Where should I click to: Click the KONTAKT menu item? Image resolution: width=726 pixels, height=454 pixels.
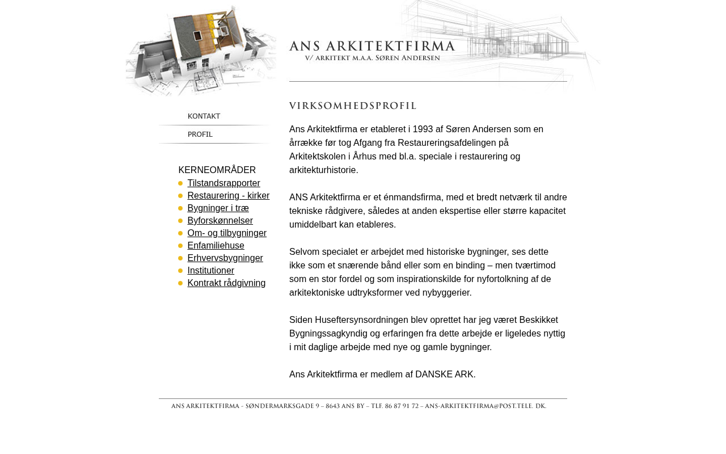204,116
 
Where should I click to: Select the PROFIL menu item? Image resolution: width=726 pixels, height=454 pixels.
200,134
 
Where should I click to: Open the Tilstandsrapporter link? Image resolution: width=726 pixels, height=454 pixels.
223,183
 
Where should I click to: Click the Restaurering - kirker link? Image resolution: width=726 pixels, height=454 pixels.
228,196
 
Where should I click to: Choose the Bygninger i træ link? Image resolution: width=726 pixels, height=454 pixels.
218,208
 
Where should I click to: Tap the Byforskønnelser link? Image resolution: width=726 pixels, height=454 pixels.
220,221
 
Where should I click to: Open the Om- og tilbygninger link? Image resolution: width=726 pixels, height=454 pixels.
227,233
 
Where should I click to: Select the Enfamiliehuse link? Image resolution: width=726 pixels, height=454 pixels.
216,246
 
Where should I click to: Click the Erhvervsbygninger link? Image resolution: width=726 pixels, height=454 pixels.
225,258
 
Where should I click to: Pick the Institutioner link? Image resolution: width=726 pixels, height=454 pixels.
210,271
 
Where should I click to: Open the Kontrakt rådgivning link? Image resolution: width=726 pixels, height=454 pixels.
226,283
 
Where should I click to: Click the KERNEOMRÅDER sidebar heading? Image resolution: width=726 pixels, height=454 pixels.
217,170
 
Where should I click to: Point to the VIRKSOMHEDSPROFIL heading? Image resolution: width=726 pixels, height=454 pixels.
352,106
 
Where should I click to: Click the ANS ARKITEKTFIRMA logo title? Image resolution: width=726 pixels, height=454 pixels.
372,47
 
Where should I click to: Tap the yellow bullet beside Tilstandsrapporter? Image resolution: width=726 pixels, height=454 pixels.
180,183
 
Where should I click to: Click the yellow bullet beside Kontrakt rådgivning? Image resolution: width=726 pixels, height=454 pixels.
180,283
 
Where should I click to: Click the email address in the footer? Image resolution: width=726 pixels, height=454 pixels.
485,406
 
